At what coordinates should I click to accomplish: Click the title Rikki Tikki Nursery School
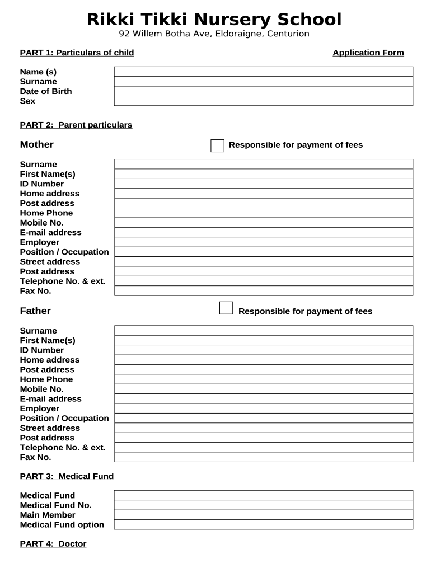click(x=214, y=20)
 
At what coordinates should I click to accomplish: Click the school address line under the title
click(x=214, y=34)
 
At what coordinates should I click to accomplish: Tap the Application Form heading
click(x=368, y=53)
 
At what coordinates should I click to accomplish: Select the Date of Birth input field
click(x=264, y=91)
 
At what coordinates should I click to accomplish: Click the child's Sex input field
click(x=264, y=101)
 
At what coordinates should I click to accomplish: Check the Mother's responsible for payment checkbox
click(x=217, y=145)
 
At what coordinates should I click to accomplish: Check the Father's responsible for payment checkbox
click(x=226, y=308)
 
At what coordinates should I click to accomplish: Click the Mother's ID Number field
click(x=264, y=184)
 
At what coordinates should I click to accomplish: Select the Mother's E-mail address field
click(x=264, y=232)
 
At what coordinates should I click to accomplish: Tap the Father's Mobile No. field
click(x=264, y=389)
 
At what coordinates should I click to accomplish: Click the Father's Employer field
click(x=264, y=408)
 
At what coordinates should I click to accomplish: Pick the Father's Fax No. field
click(x=264, y=457)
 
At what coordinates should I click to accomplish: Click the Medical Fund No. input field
click(x=264, y=505)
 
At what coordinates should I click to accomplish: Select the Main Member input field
click(x=264, y=515)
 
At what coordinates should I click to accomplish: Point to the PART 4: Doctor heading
click(x=53, y=544)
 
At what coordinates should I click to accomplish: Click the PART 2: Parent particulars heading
click(x=76, y=125)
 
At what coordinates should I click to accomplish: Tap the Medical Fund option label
click(x=62, y=525)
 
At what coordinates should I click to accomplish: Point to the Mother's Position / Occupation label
click(x=64, y=252)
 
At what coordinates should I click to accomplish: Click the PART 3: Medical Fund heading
click(x=67, y=477)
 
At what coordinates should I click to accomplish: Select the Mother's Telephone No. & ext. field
click(x=264, y=281)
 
